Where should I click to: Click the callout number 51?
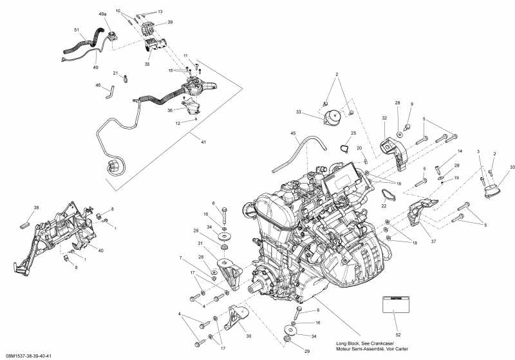pos(77,30)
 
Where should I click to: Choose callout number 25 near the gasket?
pos(353,133)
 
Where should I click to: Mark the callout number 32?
pos(384,118)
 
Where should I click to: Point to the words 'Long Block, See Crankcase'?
pos(367,342)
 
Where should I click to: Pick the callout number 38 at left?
pos(36,207)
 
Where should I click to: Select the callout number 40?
pos(101,250)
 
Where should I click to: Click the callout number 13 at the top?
pos(160,12)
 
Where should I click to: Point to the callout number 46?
pos(98,85)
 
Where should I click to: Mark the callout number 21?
pos(116,73)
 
